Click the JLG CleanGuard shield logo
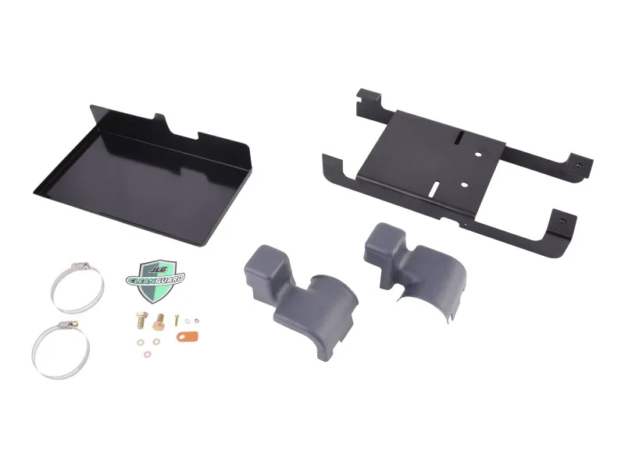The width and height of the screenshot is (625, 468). (155, 281)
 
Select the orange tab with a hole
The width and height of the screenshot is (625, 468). (187, 336)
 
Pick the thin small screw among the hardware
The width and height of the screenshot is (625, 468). (177, 320)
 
